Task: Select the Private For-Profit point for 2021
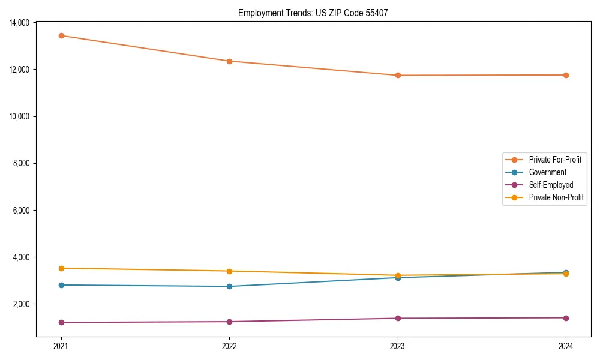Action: coord(61,35)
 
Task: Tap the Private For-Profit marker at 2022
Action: coord(229,61)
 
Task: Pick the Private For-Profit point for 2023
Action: coord(398,75)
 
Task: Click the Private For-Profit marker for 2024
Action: coord(566,75)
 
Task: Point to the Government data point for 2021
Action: coord(61,285)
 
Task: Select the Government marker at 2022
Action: coord(229,286)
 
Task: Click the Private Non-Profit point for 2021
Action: coord(61,268)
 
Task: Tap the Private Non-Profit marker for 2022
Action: coord(229,271)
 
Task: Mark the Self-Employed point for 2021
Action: coord(61,322)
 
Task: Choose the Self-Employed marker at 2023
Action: coord(398,318)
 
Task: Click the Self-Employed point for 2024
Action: coord(566,318)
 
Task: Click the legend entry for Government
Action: coord(547,172)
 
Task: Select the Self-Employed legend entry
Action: coord(551,185)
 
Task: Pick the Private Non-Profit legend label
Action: coord(556,197)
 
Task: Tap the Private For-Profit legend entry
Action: coord(554,160)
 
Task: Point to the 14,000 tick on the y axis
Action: coord(20,23)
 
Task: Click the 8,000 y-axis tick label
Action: coord(22,163)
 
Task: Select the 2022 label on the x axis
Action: coord(229,346)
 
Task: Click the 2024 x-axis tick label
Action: coord(566,346)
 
